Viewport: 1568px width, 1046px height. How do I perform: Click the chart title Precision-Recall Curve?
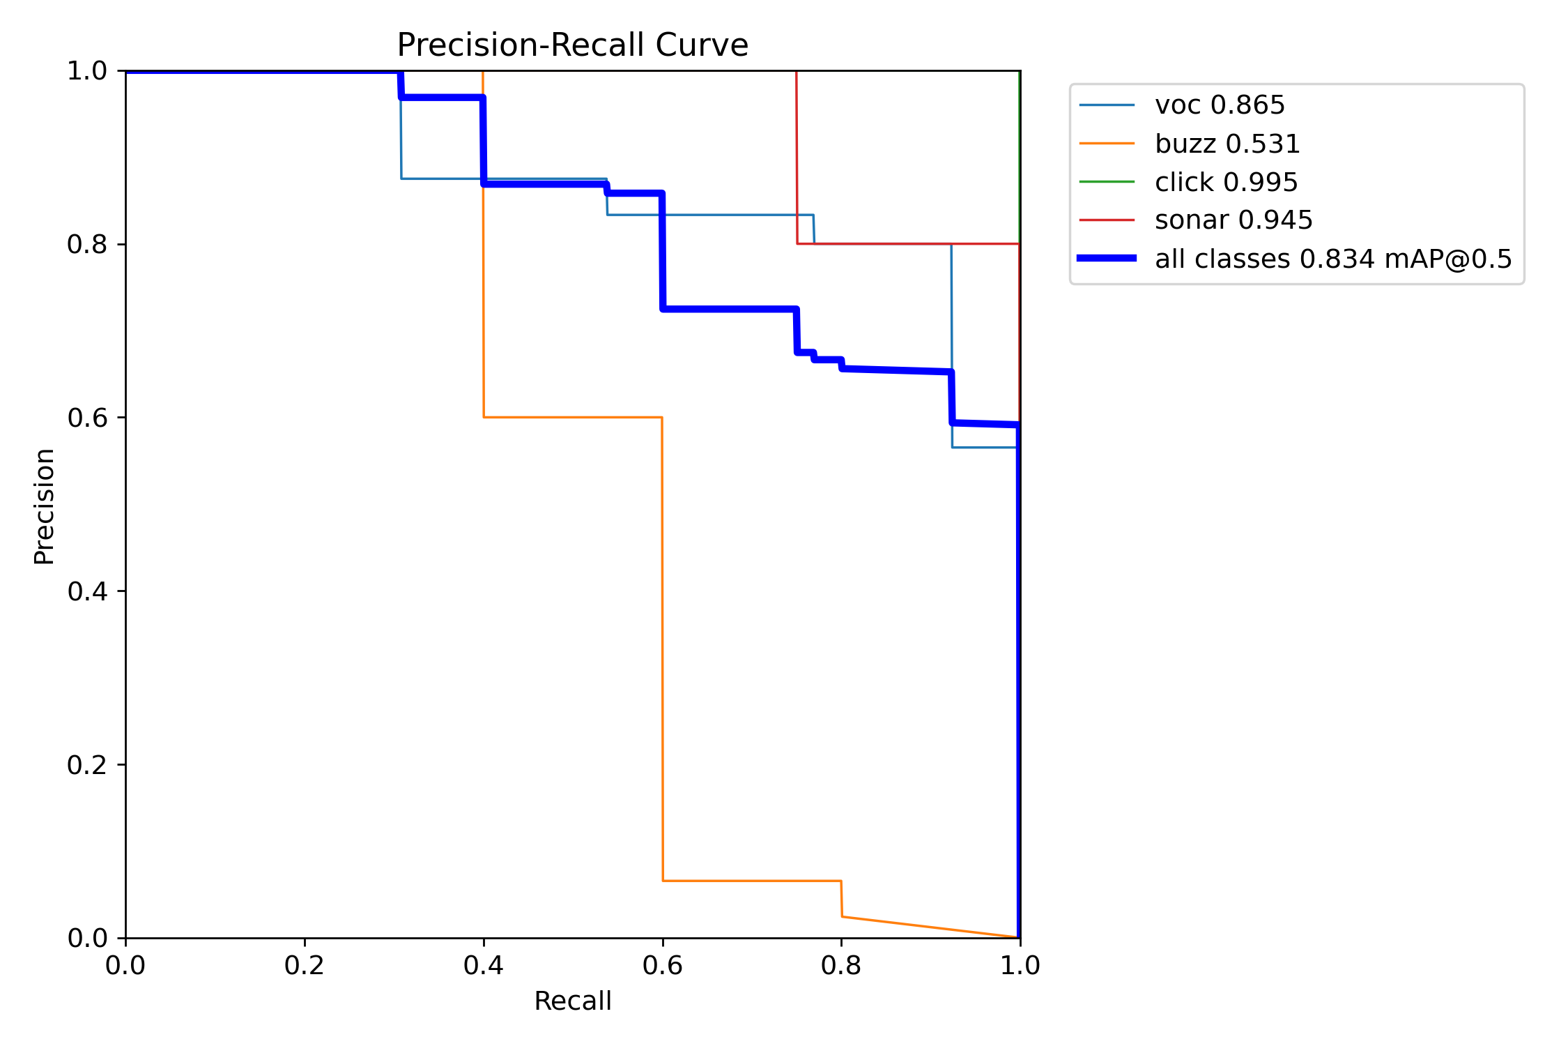point(572,45)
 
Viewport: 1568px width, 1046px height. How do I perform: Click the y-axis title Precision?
point(44,506)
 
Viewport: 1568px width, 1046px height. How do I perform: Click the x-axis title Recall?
point(572,1001)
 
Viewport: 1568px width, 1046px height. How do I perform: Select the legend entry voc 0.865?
point(1219,105)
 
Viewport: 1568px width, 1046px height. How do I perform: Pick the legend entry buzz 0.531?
point(1227,144)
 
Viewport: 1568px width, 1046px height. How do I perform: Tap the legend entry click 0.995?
point(1226,183)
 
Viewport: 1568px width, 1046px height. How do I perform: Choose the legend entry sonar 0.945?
point(1233,220)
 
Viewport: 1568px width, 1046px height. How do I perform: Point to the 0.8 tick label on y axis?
point(87,244)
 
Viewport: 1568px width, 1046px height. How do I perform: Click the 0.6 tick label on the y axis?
point(87,418)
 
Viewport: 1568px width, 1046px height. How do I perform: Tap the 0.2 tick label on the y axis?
point(87,765)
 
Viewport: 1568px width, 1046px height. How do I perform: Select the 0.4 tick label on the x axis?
point(483,966)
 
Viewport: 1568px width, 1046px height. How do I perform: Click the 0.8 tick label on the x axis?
point(841,966)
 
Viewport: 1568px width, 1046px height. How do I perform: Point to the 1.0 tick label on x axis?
point(1020,966)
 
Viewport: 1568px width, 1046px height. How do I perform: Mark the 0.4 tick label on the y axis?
point(87,591)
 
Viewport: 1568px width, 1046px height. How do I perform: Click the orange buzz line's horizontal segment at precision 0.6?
point(572,417)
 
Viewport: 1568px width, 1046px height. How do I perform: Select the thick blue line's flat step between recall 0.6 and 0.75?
point(729,308)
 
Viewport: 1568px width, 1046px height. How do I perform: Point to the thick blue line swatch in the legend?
point(1107,259)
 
